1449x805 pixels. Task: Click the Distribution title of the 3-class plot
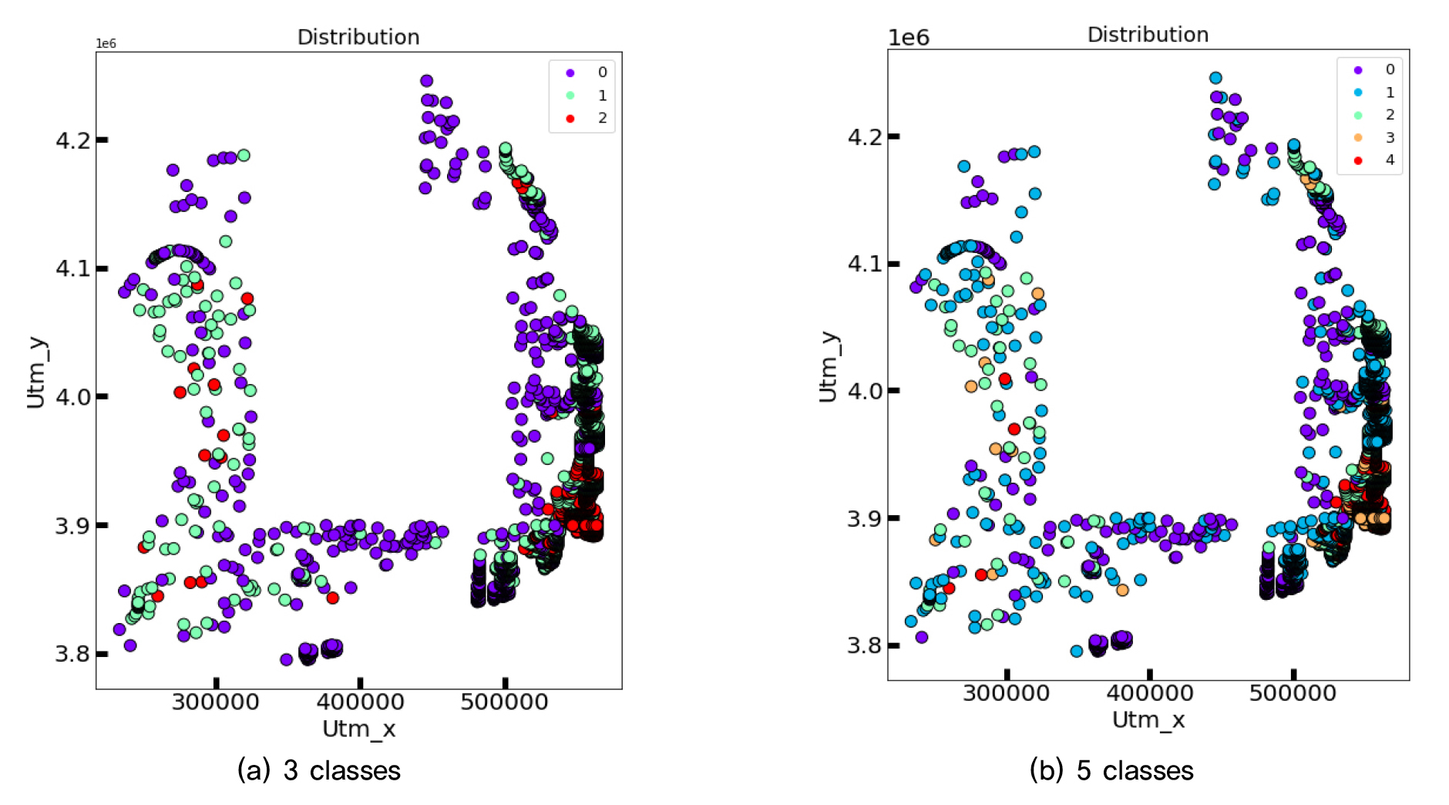[358, 37]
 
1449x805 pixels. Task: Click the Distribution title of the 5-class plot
[1148, 35]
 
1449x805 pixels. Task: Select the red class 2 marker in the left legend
[570, 118]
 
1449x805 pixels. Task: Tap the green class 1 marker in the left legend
[570, 96]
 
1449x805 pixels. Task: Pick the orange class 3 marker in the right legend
[1358, 138]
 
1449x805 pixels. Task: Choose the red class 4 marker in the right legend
[1358, 160]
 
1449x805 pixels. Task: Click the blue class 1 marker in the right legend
[1358, 93]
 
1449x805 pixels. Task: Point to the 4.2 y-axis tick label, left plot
[72, 140]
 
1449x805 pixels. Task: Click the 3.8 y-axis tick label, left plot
[72, 654]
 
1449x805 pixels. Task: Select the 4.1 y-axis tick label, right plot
[865, 264]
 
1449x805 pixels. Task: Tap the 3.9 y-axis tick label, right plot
[865, 518]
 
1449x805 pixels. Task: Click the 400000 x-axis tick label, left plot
[360, 702]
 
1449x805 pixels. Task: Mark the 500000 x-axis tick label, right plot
[1293, 693]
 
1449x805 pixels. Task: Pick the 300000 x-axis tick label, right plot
[1006, 693]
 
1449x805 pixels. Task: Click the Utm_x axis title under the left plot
[358, 729]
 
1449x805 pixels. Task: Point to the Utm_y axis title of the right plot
[828, 367]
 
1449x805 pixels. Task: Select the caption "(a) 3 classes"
[319, 770]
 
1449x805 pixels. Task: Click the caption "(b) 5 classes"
[1111, 770]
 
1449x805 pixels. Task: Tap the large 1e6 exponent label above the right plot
[909, 38]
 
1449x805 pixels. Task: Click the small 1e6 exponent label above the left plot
[106, 44]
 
